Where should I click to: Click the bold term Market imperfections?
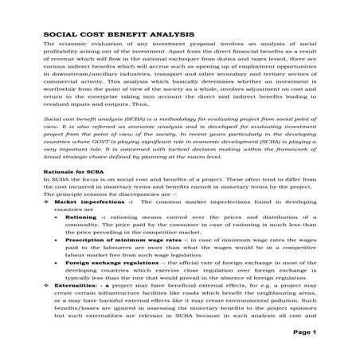tap(92, 202)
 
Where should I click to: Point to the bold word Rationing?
tap(81, 217)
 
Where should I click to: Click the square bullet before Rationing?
tap(58, 217)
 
